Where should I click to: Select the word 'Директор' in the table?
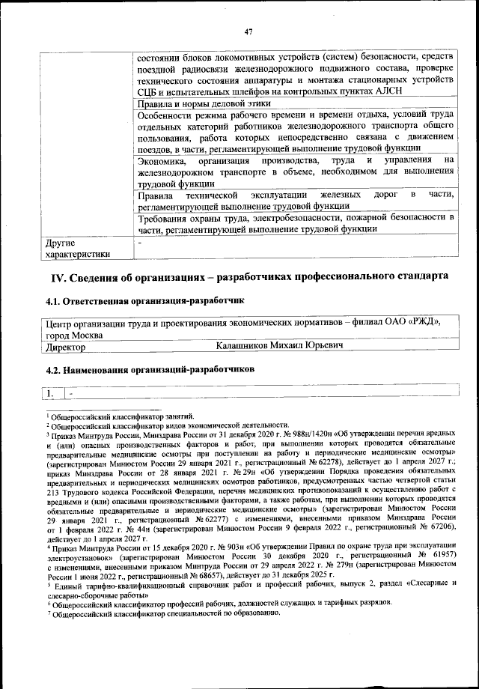coord(65,347)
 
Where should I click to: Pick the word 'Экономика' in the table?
coord(163,160)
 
